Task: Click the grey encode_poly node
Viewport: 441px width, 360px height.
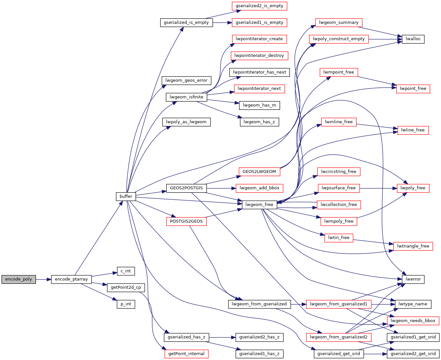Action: click(19, 279)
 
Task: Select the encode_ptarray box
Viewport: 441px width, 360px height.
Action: click(71, 279)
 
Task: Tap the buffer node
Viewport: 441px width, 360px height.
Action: click(126, 197)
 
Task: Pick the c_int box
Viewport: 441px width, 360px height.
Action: click(126, 271)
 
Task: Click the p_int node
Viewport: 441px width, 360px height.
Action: click(126, 304)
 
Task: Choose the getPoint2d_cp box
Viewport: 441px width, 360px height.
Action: click(126, 287)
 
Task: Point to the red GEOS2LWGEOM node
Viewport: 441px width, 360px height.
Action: click(259, 172)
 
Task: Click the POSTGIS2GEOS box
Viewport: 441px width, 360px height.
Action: click(186, 221)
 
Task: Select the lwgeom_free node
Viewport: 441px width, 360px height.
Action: click(259, 205)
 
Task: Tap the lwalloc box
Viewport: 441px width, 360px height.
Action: click(413, 39)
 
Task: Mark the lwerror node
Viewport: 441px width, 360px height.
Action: click(413, 279)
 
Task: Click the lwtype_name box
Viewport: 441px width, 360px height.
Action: click(413, 304)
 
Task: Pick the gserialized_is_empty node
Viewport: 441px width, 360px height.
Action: click(186, 23)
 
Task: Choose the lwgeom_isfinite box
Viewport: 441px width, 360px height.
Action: click(186, 97)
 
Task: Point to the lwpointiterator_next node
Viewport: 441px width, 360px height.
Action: click(259, 89)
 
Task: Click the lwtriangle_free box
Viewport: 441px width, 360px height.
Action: click(413, 246)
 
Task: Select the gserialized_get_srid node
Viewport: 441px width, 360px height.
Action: click(339, 354)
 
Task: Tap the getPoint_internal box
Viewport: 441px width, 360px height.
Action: click(186, 354)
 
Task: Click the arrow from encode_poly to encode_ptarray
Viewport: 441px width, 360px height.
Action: click(43, 279)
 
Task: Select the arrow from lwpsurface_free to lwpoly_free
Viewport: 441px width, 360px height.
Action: click(378, 188)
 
